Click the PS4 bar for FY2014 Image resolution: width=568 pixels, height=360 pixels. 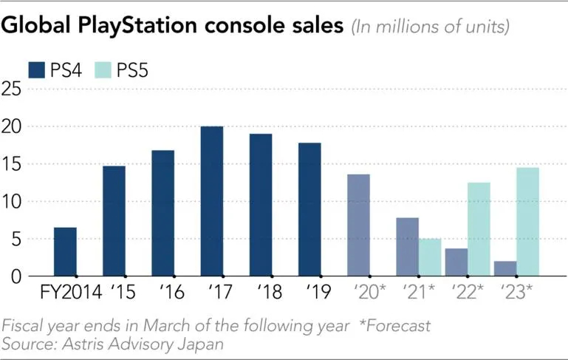65,251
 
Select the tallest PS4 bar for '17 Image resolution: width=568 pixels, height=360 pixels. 211,201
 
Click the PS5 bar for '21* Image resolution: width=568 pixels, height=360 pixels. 430,257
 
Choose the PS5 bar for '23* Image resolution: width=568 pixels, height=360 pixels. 527,222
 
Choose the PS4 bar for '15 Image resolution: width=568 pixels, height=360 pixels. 114,221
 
